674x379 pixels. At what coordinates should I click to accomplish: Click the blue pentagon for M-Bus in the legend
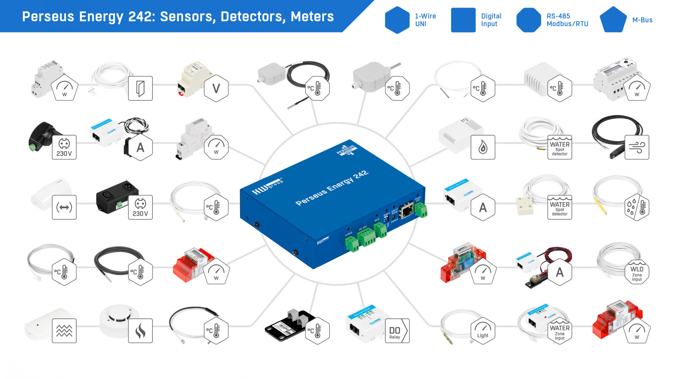(x=613, y=20)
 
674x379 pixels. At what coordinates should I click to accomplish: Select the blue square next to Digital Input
(x=463, y=20)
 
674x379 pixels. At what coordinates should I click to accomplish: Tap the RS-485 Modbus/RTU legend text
(x=567, y=20)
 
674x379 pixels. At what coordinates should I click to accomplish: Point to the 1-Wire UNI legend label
(x=425, y=20)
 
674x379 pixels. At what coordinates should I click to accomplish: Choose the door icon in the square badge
(x=140, y=88)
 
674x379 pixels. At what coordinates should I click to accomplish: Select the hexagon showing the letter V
(x=216, y=88)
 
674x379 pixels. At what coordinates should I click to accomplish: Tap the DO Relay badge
(x=396, y=331)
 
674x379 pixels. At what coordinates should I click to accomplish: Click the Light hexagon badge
(x=483, y=331)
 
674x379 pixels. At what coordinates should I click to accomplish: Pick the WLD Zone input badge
(x=637, y=272)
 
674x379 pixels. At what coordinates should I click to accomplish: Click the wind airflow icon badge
(x=637, y=147)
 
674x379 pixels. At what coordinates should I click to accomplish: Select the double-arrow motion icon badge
(x=64, y=207)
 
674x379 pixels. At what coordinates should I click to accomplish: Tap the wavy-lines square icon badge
(x=64, y=331)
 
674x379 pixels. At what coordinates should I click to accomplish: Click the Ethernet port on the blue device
(x=407, y=211)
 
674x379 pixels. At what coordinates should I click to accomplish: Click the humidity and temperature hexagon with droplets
(x=637, y=207)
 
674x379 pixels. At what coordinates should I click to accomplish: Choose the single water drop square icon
(x=483, y=147)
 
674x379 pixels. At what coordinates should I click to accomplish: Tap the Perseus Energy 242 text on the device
(x=332, y=188)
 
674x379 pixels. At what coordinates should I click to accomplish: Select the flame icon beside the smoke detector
(x=140, y=331)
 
